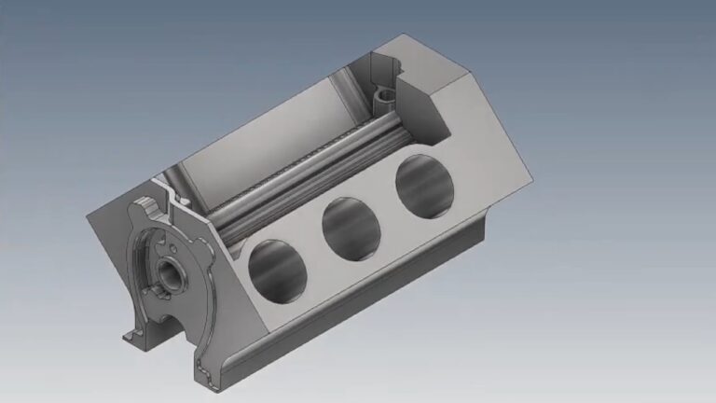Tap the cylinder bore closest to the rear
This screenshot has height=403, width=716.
pyautogui.click(x=424, y=184)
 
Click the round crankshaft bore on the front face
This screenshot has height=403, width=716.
pyautogui.click(x=172, y=273)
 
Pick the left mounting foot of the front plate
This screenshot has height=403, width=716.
pyautogui.click(x=132, y=332)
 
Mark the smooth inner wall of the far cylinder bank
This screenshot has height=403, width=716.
pyautogui.click(x=270, y=131)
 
